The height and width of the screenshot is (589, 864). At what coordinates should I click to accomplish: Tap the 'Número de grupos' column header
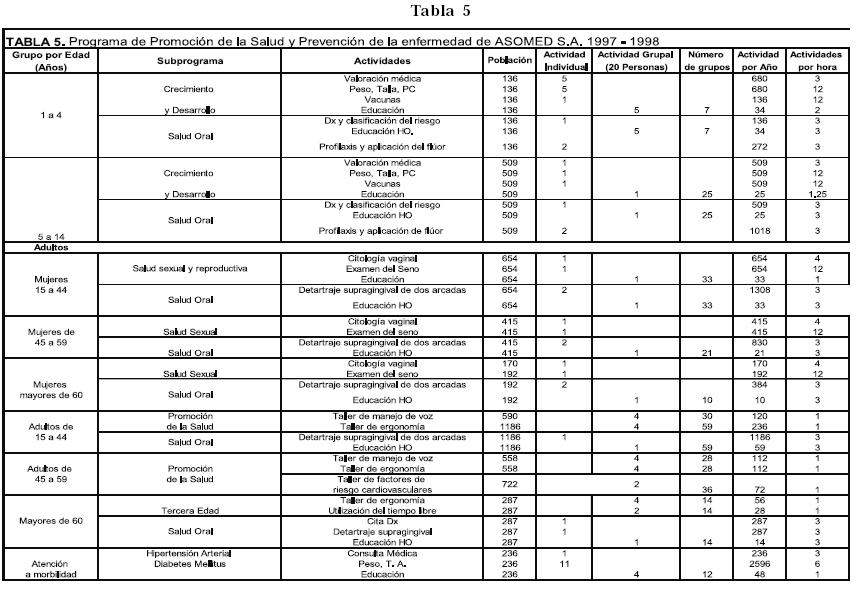(x=706, y=60)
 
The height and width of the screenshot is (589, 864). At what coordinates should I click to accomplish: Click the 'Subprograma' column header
(x=190, y=61)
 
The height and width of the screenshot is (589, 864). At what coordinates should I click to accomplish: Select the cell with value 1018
(x=758, y=231)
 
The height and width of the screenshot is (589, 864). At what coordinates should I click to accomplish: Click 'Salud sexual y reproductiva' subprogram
(x=190, y=269)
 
